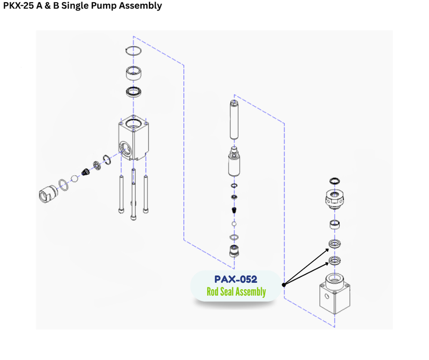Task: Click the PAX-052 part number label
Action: (x=235, y=279)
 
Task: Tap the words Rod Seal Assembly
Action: (x=236, y=292)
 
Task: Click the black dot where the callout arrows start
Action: (x=283, y=285)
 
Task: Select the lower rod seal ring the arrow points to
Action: (x=335, y=261)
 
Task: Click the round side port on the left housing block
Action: (x=127, y=148)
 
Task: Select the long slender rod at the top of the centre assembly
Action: (x=234, y=121)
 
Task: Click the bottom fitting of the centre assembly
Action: (x=234, y=251)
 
